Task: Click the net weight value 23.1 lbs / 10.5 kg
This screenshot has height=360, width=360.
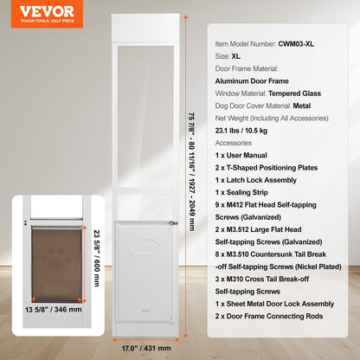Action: coord(254,143)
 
